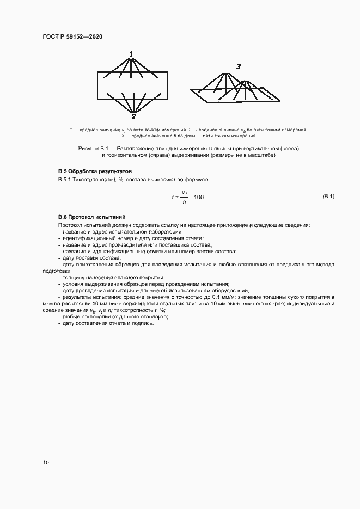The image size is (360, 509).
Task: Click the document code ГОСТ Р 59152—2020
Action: click(x=72, y=36)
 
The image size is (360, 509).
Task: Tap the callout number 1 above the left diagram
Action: click(x=131, y=54)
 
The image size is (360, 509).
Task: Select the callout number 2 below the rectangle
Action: click(x=133, y=116)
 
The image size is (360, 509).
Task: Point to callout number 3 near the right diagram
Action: click(x=238, y=67)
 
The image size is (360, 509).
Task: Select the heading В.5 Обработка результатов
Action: click(x=91, y=171)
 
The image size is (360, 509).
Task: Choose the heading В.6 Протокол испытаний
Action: click(x=88, y=217)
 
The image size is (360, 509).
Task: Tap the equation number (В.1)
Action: click(x=328, y=196)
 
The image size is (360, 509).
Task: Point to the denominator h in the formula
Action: click(x=184, y=202)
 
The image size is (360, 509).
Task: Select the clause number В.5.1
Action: click(x=65, y=180)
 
